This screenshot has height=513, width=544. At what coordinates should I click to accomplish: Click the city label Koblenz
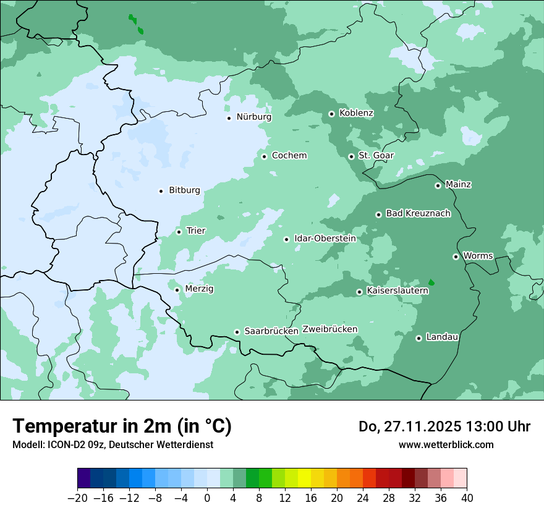point(356,113)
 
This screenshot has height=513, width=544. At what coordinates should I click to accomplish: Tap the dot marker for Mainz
point(438,185)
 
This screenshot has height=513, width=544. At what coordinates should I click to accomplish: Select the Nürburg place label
point(253,117)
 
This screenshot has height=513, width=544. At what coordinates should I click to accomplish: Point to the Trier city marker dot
point(179,232)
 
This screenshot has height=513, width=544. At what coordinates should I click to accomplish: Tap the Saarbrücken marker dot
point(237,332)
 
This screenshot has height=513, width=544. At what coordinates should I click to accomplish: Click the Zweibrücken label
point(329,329)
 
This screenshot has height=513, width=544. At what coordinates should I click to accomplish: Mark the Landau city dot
point(419,338)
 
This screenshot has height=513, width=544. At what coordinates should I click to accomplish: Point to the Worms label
point(478,256)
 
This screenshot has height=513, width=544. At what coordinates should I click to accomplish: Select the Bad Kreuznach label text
point(418,214)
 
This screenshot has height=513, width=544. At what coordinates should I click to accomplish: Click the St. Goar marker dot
point(351,156)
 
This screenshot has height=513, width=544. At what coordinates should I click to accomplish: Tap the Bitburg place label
point(184,190)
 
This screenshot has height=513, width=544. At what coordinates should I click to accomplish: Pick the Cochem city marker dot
point(264,156)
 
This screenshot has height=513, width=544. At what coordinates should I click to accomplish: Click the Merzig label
point(199,289)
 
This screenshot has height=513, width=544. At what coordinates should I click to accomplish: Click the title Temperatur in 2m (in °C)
point(122,426)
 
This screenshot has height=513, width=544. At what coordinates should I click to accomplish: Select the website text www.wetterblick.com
point(446,445)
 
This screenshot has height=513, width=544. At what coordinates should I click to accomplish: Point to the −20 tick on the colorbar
point(78,498)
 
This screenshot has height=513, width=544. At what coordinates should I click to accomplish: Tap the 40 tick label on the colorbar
point(467,498)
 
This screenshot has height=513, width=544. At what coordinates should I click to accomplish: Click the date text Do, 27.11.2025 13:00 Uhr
point(444,426)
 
